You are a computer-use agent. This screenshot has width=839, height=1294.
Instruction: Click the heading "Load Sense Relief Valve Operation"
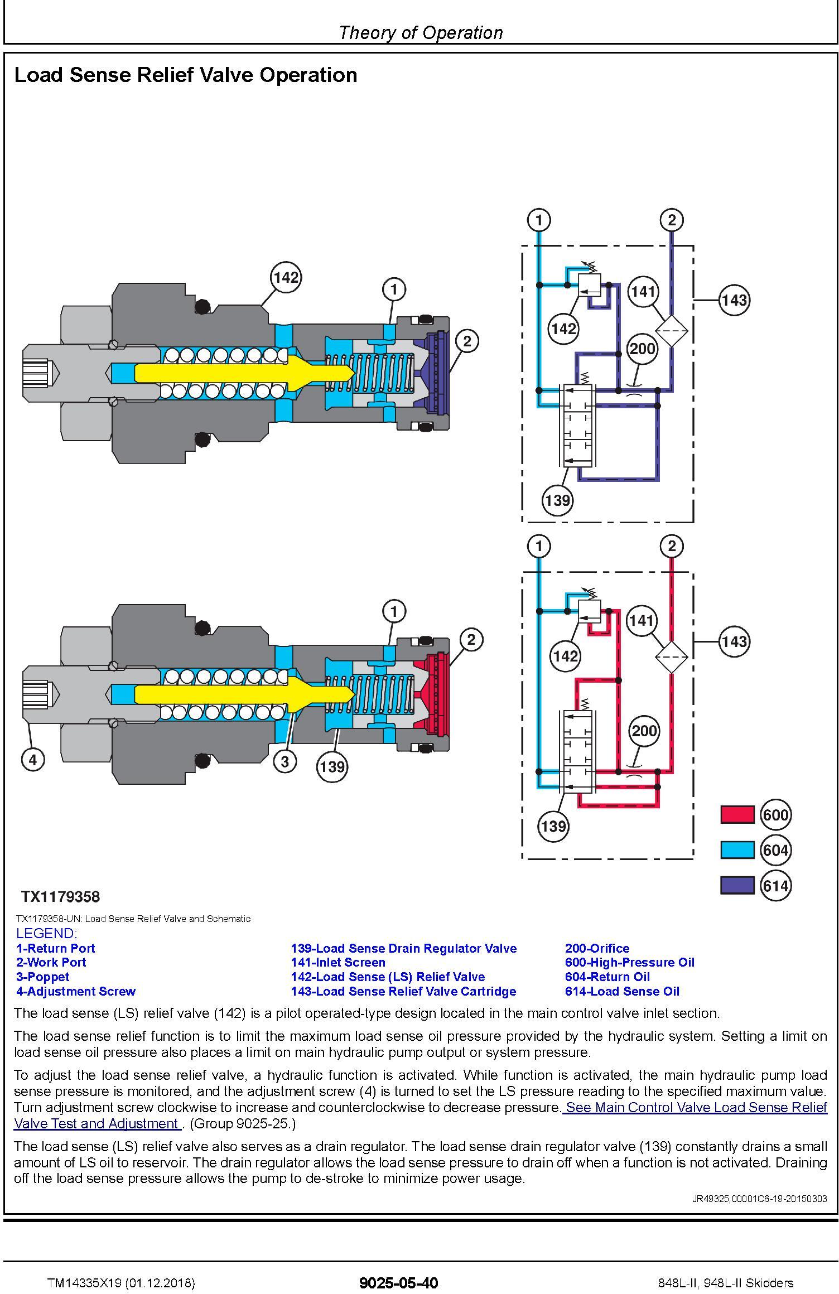pos(186,75)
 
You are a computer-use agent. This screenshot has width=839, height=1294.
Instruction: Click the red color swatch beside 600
pos(737,815)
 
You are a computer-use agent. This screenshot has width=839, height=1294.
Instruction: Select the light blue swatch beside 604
pos(737,850)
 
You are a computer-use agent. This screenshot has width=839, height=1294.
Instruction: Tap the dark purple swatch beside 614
pos(737,886)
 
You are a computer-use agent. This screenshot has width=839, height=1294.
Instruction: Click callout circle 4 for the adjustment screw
pos(32,760)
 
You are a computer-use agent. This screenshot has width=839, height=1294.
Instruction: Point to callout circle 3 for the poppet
pos(285,761)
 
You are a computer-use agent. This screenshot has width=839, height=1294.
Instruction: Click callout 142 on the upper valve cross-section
pos(286,278)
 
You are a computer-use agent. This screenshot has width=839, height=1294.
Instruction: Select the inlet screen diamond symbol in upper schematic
pos(671,331)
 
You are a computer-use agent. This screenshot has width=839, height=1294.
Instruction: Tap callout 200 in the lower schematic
pos(644,731)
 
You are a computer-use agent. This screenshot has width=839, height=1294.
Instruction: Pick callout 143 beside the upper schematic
pos(734,300)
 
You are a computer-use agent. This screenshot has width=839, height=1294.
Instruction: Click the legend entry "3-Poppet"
pos(43,977)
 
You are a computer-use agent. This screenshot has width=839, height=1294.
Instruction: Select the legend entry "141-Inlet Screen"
pos(338,962)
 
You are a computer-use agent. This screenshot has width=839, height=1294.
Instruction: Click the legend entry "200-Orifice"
pos(597,948)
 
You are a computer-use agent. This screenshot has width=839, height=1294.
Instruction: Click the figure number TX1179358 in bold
pos(60,897)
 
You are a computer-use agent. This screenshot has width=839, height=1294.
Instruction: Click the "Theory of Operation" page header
pos(421,33)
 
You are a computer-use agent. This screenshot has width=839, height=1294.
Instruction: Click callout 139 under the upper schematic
pos(557,500)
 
